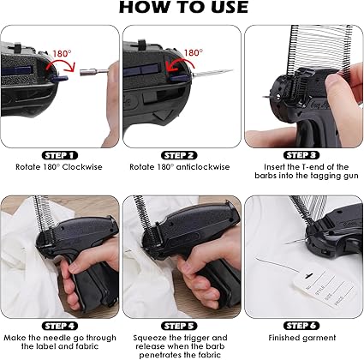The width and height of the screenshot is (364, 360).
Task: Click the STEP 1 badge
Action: (60, 155)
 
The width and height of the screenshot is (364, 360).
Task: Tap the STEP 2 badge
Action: (179, 155)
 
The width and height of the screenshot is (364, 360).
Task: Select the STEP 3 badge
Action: (301, 155)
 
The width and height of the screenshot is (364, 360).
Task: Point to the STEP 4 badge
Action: (60, 326)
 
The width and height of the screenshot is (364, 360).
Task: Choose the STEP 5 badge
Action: (179, 326)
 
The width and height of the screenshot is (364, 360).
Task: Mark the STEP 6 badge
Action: (301, 326)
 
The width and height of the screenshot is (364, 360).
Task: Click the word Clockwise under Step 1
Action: (82, 167)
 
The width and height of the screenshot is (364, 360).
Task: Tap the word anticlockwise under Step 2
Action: (203, 167)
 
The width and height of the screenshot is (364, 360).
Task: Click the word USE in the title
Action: (226, 8)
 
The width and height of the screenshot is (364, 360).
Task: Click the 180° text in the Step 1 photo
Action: (62, 53)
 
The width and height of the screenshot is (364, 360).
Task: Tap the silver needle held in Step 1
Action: (94, 72)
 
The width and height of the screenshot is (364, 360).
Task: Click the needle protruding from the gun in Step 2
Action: (212, 73)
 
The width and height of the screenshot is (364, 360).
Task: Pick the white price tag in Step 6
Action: (325, 288)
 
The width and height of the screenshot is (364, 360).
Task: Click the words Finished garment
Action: (302, 338)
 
